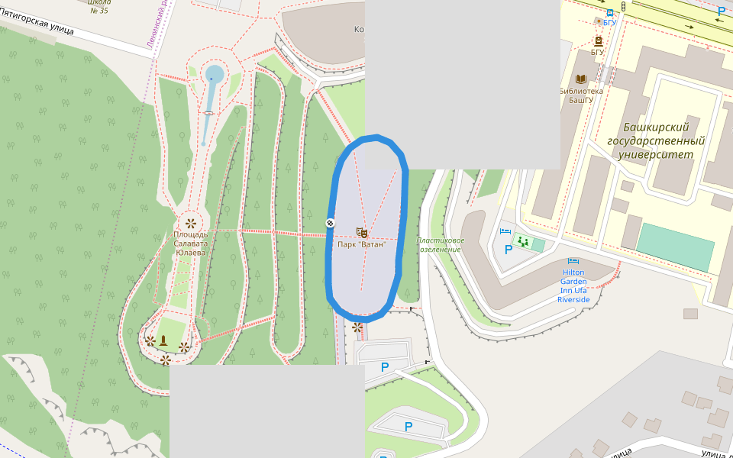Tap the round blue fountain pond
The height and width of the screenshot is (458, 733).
click(x=215, y=74)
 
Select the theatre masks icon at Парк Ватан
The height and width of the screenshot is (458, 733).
click(x=362, y=232)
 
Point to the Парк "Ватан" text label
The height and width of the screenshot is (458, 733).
click(x=362, y=244)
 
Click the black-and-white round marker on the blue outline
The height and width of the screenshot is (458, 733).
click(x=330, y=222)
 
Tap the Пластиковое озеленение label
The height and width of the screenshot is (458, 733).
click(x=440, y=245)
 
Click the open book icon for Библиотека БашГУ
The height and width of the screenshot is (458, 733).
click(x=580, y=79)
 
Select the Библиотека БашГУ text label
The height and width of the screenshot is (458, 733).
click(x=580, y=95)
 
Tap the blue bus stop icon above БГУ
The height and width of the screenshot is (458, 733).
click(x=609, y=12)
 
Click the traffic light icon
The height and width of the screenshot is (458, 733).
click(x=623, y=6)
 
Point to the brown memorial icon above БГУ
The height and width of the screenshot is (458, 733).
click(x=598, y=40)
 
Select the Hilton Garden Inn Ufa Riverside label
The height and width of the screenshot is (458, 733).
click(x=573, y=285)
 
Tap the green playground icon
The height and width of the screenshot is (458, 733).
click(x=523, y=242)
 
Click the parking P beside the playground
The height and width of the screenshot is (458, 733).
click(x=509, y=250)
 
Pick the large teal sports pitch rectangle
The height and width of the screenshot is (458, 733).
click(x=675, y=247)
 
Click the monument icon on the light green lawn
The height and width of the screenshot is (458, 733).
click(x=163, y=338)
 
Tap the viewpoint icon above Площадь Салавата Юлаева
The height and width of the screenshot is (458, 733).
click(x=190, y=224)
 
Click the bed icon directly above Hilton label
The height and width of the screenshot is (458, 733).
click(x=573, y=261)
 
